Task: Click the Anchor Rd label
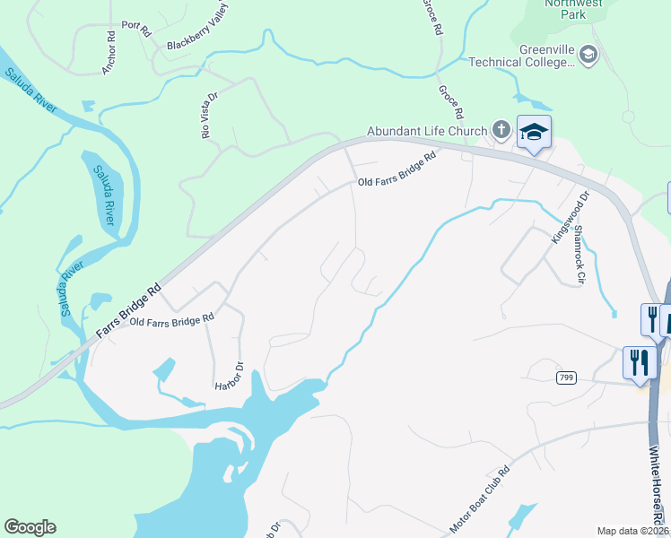(110, 52)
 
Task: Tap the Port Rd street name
(135, 28)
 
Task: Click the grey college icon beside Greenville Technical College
(588, 56)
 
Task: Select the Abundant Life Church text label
(426, 131)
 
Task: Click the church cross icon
(501, 131)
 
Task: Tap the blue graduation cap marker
(534, 133)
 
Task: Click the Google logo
(30, 527)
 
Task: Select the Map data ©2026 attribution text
(632, 531)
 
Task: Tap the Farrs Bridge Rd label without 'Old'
(129, 312)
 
